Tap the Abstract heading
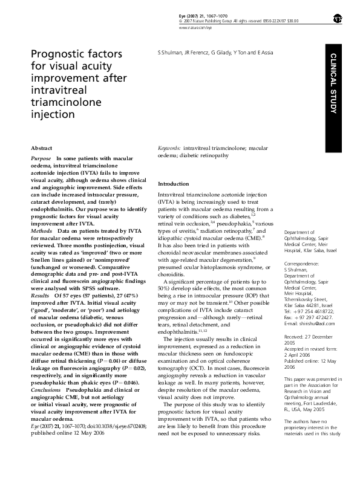pos(41,148)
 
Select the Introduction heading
pos(173,183)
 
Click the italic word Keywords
pos(169,148)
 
